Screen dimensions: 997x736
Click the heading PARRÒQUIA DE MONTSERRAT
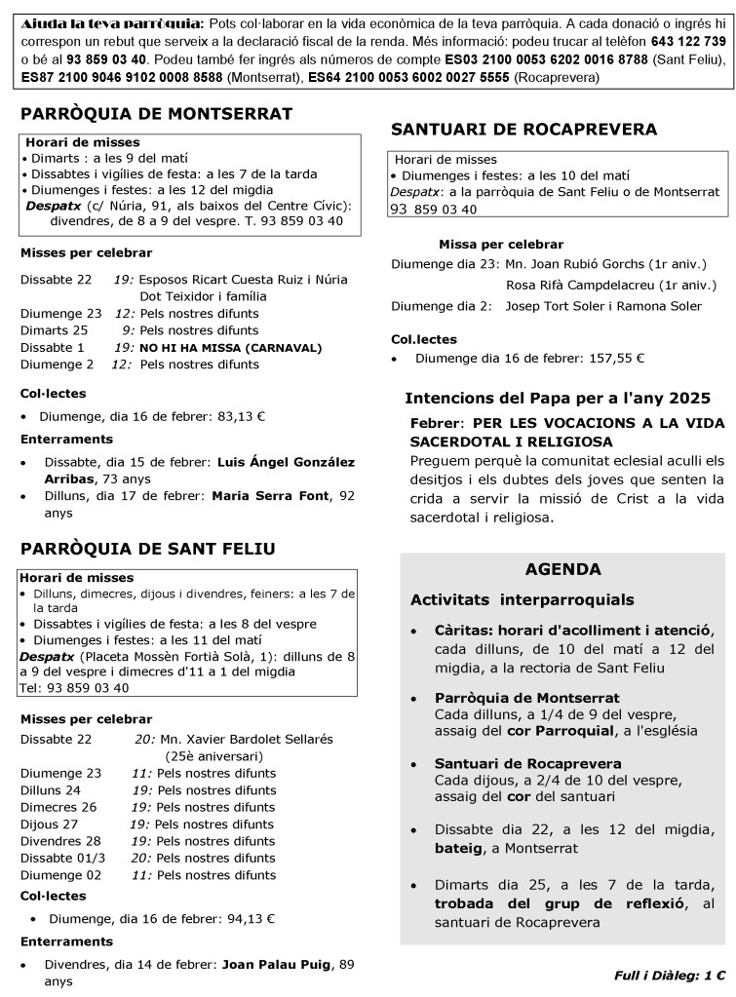(x=156, y=114)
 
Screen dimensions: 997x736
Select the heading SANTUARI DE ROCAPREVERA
(x=523, y=130)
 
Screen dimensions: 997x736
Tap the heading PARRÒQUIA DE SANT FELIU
(x=147, y=549)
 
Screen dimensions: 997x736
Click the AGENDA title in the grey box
(x=562, y=569)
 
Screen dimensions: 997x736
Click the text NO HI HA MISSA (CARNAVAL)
(x=230, y=347)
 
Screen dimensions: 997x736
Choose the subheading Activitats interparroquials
(x=522, y=599)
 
